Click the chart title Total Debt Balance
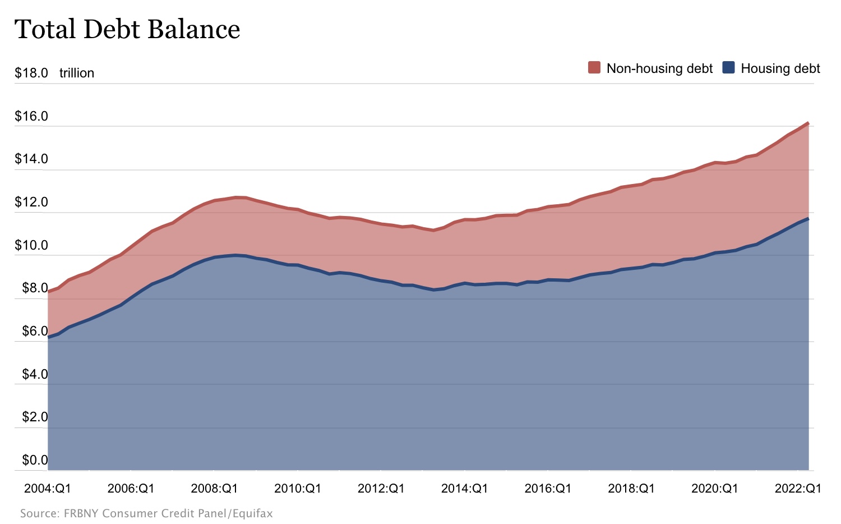127,29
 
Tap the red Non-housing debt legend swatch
594,68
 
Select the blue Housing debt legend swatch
728,68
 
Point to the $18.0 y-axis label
31,73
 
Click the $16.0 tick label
31,116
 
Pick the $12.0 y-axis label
31,202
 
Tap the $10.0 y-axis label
31,245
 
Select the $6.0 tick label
35,331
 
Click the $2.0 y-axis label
35,417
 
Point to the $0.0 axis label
35,460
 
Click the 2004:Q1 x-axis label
48,488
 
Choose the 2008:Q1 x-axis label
214,488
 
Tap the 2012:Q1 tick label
381,488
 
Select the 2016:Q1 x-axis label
548,488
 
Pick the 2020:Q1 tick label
715,488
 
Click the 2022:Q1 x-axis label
798,488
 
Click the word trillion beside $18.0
77,73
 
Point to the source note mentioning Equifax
146,513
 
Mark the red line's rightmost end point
808,123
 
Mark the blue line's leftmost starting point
48,337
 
